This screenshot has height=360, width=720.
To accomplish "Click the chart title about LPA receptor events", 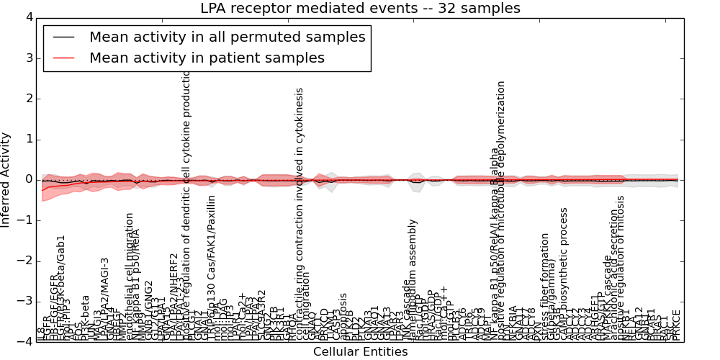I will (360, 9).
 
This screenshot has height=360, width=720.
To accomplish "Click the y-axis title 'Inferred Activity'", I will (6, 179).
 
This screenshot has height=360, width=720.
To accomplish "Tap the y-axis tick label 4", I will (28, 17).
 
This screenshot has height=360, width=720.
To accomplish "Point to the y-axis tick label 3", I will (28, 58).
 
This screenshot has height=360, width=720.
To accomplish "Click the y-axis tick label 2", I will (28, 98).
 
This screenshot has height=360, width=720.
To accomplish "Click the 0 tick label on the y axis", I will (28, 179).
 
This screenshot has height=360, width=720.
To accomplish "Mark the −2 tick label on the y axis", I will (25, 261).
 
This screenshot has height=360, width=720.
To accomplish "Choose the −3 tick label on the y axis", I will (25, 301).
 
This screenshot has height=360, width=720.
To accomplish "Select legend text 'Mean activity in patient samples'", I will (207, 58).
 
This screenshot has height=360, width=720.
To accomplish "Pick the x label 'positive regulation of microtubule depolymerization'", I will (502, 209).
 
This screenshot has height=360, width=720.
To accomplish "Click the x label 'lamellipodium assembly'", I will (413, 281).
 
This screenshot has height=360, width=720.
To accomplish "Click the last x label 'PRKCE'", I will (676, 325).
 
